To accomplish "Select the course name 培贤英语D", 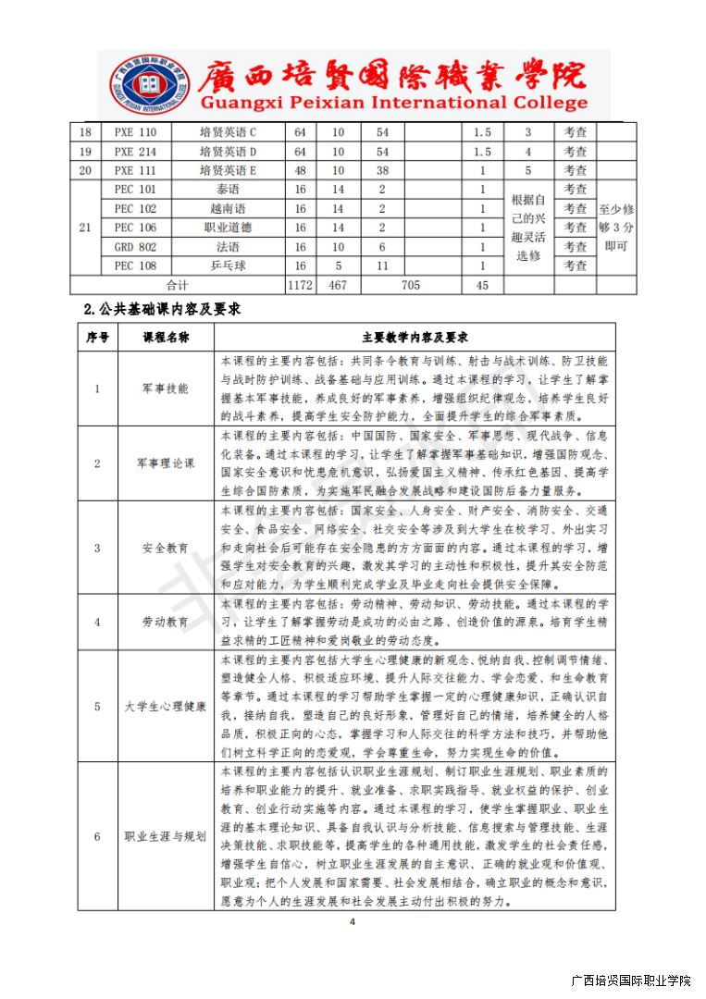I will tap(228, 152).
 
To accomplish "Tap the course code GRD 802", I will tap(135, 247).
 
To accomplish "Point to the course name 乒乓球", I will tap(228, 265).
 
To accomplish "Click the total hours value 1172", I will tap(300, 285).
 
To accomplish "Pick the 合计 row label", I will tap(177, 285).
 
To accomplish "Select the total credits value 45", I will tap(481, 285).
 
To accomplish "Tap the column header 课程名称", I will tap(166, 338).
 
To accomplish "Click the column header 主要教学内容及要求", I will tap(415, 338).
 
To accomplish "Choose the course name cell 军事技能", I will tap(166, 388).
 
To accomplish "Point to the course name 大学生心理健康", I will tap(166, 707).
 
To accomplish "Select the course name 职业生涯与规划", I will tap(166, 837).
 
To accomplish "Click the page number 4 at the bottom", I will tap(352, 922).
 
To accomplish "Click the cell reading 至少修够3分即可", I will tap(616, 228).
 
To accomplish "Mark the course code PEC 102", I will tap(135, 209).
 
